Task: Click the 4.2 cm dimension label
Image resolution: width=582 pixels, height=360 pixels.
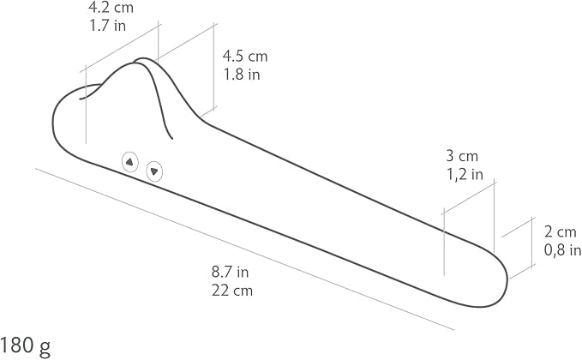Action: [x=111, y=8]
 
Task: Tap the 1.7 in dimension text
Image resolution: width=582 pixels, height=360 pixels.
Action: [x=108, y=26]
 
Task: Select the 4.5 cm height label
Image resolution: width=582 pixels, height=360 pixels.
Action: [x=245, y=56]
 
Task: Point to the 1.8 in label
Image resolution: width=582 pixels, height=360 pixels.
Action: [x=242, y=75]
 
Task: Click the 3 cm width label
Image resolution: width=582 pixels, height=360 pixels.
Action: [x=462, y=156]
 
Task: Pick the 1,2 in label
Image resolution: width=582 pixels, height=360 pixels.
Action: [x=465, y=174]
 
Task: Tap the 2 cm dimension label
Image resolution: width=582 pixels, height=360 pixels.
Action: [x=560, y=232]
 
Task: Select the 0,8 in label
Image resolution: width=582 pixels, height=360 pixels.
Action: [x=562, y=250]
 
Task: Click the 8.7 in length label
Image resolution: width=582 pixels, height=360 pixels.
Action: [x=230, y=272]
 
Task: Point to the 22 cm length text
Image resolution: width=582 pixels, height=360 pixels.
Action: [x=232, y=291]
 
